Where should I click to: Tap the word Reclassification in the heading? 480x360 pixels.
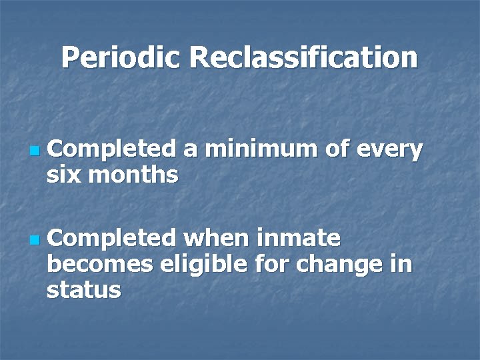pos(303,58)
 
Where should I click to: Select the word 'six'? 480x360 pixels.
pos(64,175)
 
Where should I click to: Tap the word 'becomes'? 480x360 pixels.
pos(101,264)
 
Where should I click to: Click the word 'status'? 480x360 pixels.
pos(84,289)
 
